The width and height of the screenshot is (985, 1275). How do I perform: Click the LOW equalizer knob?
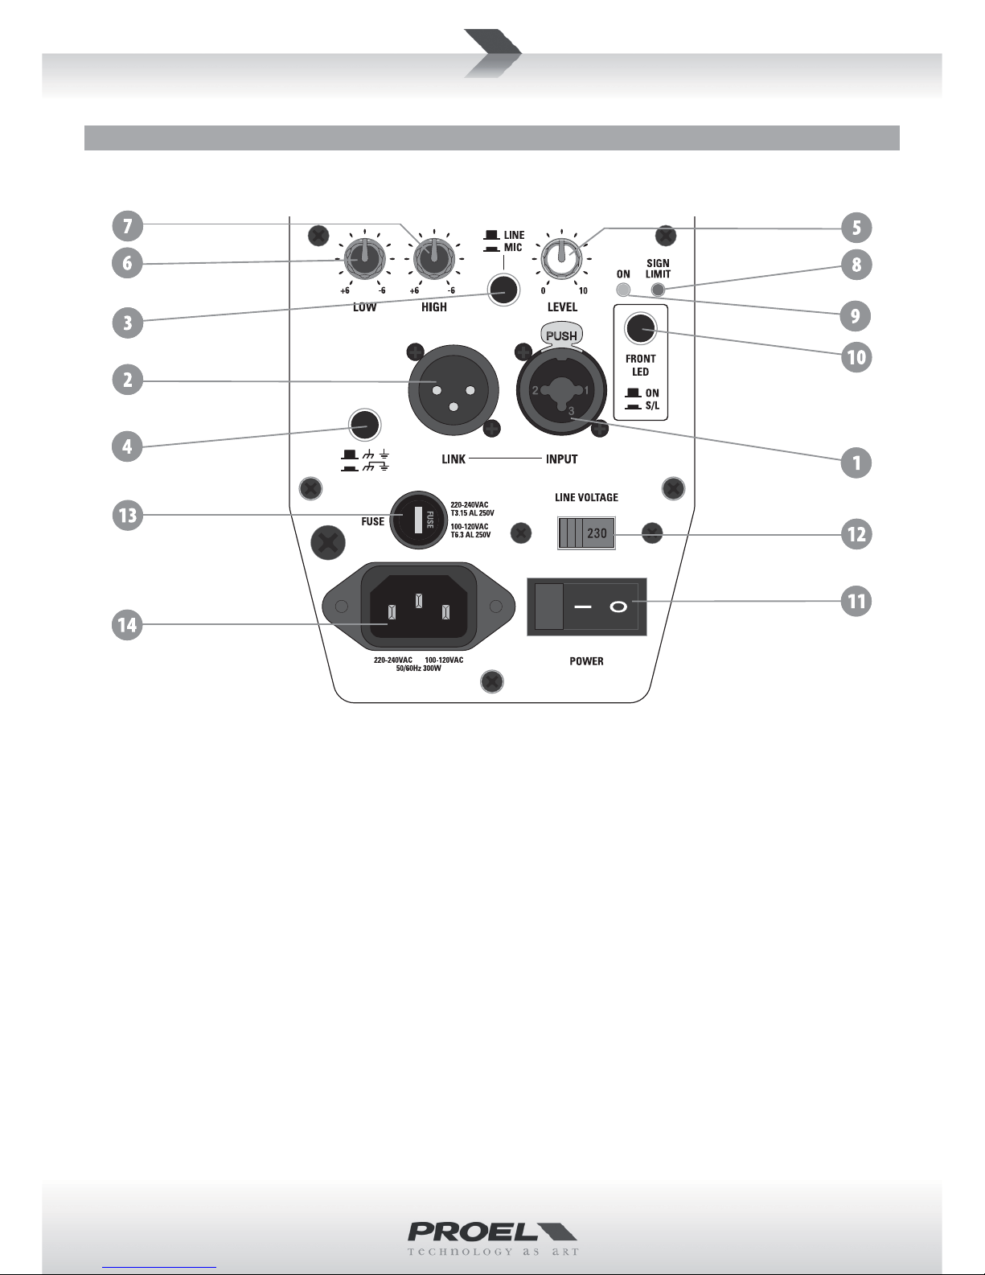coord(364,259)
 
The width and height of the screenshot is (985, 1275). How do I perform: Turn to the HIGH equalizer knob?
coord(434,259)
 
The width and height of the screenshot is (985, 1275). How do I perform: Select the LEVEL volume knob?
coord(562,259)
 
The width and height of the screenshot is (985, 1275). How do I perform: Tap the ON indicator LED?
coord(623,290)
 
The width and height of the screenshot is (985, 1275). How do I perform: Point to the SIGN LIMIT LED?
coord(659,290)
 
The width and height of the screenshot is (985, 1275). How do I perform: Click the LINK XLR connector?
coord(454,391)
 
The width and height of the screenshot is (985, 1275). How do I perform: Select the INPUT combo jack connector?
coord(562,391)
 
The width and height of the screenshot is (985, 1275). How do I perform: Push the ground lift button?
coord(365,424)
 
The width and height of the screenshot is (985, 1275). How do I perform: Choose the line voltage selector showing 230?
coord(586,533)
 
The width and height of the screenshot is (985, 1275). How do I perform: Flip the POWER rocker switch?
coord(587,607)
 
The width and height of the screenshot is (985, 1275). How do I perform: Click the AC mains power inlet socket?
coord(419,606)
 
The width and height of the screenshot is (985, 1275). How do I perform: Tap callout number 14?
coord(127,624)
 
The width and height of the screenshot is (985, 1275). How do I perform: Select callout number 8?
coord(856,265)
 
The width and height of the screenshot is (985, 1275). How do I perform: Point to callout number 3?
coord(127,323)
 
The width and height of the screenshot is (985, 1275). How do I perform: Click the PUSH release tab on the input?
coord(562,335)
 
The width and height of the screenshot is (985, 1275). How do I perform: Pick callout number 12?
coord(856,534)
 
